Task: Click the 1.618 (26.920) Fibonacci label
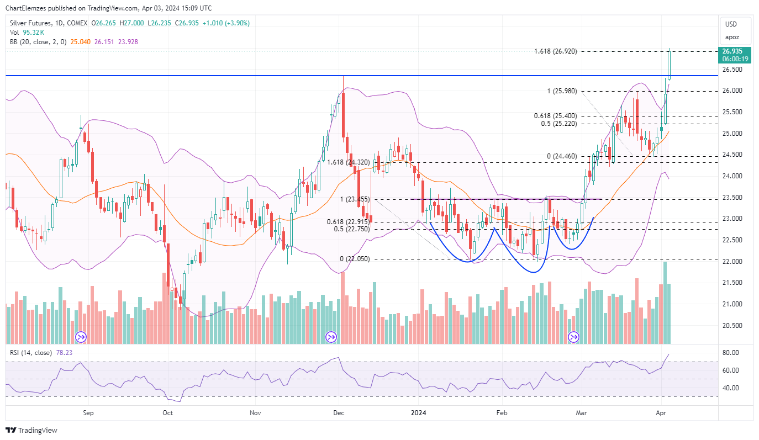(x=555, y=51)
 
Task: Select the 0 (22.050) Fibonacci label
(x=355, y=259)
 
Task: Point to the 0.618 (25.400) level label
(x=555, y=116)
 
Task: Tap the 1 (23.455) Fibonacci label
(x=355, y=199)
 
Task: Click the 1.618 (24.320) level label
(x=348, y=162)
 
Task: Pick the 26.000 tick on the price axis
(x=732, y=91)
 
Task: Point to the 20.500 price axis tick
(x=732, y=326)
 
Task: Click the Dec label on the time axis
(x=339, y=412)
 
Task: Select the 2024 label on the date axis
(x=418, y=412)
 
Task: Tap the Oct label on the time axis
(x=167, y=412)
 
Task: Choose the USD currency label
(x=731, y=24)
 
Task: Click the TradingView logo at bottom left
(x=31, y=430)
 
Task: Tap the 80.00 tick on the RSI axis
(x=730, y=353)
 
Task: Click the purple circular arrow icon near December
(x=331, y=336)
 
